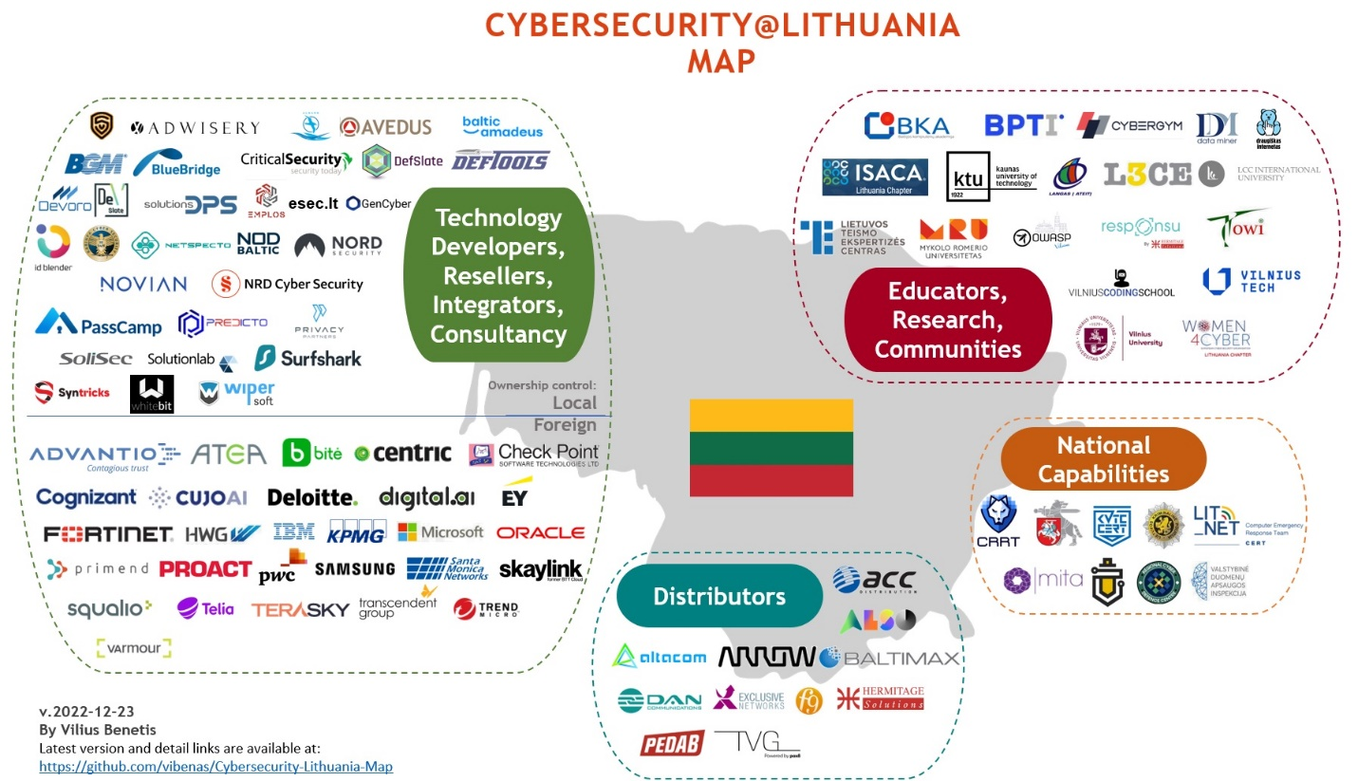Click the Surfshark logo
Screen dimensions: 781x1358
pyautogui.click(x=307, y=359)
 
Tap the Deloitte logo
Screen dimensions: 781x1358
pyautogui.click(x=312, y=497)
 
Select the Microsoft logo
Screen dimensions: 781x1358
pyautogui.click(x=440, y=532)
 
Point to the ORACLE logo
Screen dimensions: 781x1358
pyautogui.click(x=540, y=533)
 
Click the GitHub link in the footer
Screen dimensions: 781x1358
pyautogui.click(x=215, y=766)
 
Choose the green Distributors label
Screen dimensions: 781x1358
pyautogui.click(x=719, y=596)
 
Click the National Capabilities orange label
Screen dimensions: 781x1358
pyautogui.click(x=1103, y=458)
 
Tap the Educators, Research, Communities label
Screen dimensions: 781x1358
pyautogui.click(x=947, y=320)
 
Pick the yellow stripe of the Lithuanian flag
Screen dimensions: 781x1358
pyautogui.click(x=771, y=416)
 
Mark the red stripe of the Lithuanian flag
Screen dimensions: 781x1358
pyautogui.click(x=771, y=480)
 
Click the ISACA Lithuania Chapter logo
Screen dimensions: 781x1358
pyautogui.click(x=873, y=177)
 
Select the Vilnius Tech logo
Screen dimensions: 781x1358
pyautogui.click(x=1251, y=280)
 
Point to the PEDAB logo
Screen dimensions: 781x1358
pyautogui.click(x=672, y=743)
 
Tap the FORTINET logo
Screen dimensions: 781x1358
pyautogui.click(x=108, y=533)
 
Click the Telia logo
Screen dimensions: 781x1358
pyautogui.click(x=205, y=608)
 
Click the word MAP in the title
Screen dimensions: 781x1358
pyautogui.click(x=721, y=61)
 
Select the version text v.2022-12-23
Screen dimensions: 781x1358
pyautogui.click(x=80, y=711)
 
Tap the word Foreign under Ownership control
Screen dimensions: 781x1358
pyautogui.click(x=565, y=424)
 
